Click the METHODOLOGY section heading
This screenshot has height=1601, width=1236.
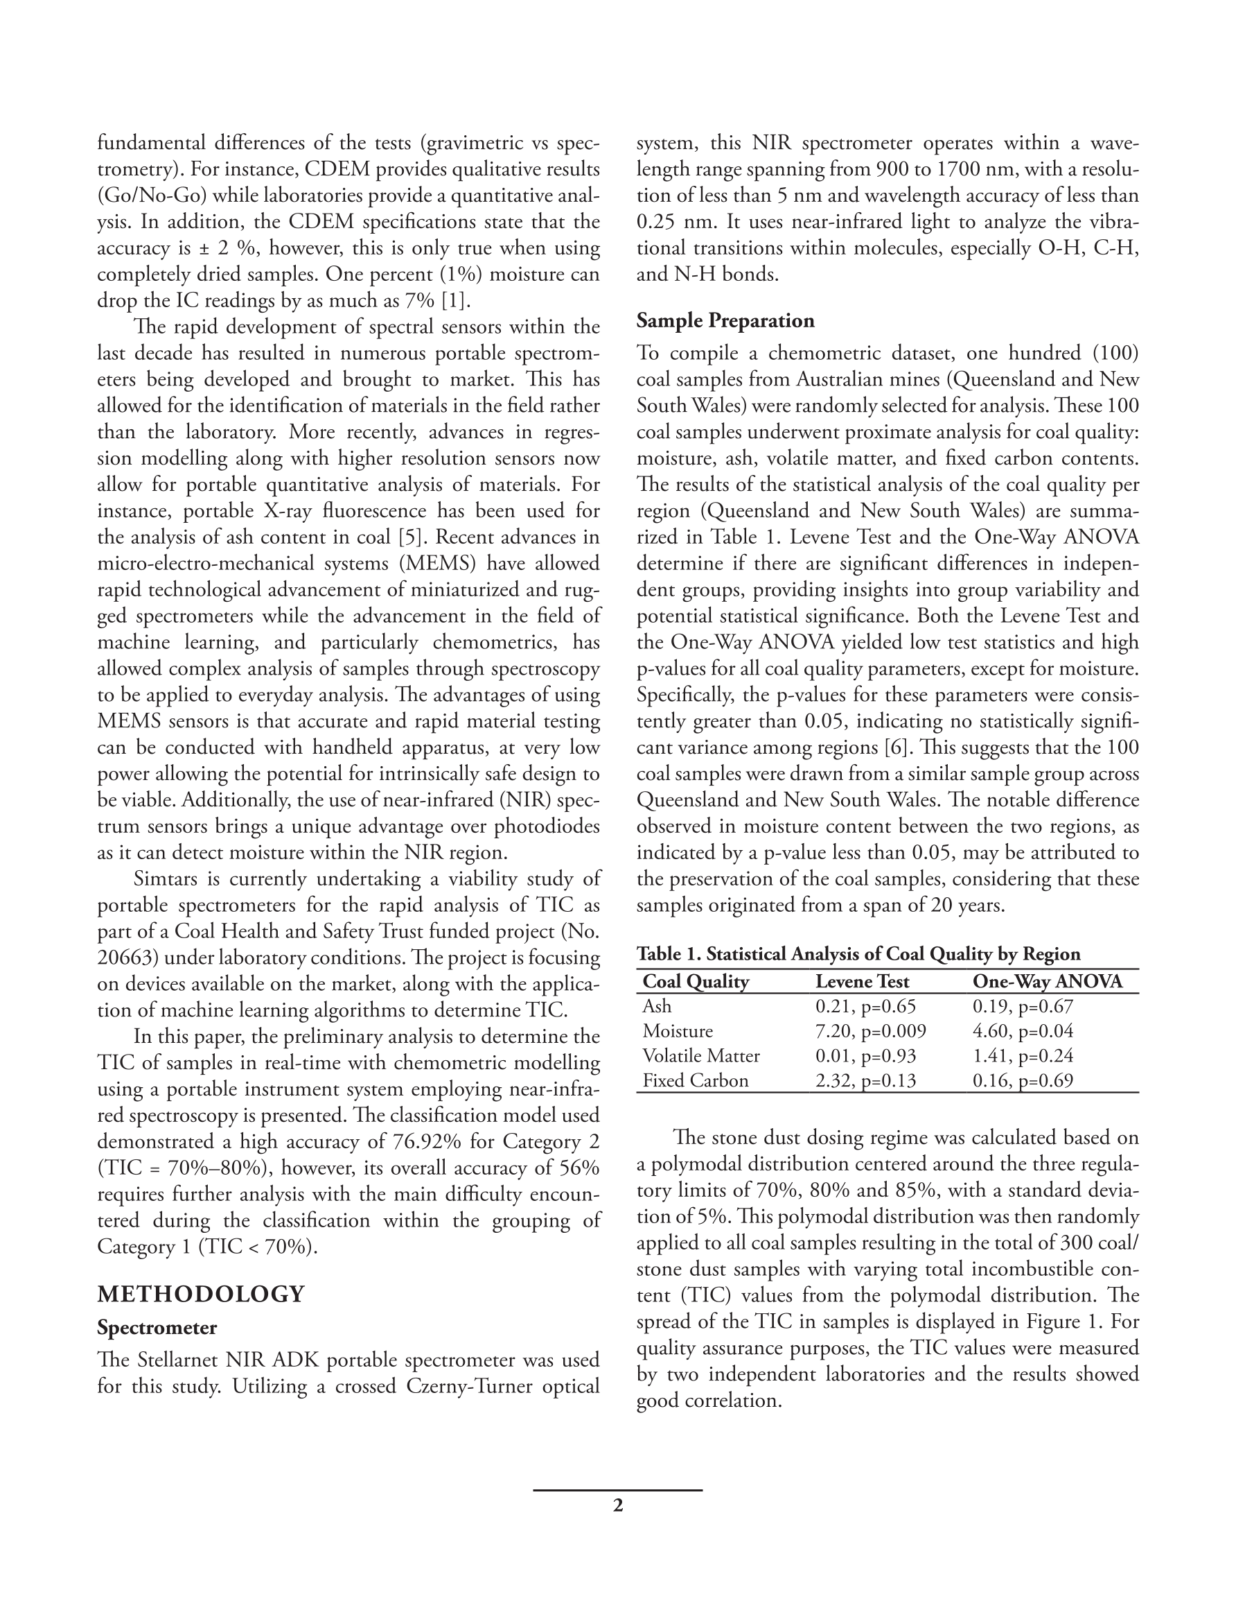(201, 1294)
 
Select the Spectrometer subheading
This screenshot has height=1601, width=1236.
(157, 1328)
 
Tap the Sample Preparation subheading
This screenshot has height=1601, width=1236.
(725, 320)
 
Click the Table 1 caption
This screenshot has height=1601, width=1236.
(858, 953)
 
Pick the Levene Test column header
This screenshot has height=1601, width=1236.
(862, 982)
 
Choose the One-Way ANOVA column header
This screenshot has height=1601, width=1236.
(1047, 982)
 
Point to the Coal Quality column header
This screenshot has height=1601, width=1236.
(696, 982)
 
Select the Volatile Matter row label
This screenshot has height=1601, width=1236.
(701, 1055)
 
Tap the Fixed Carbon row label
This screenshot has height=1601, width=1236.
(696, 1080)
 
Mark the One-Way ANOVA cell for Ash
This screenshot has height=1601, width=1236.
(1022, 1007)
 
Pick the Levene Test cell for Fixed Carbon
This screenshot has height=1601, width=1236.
(865, 1080)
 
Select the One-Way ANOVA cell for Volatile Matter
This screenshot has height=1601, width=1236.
(1022, 1055)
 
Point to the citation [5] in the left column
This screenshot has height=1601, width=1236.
(409, 537)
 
